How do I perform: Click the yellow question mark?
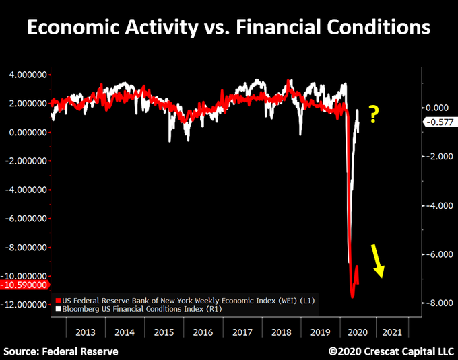pyautogui.click(x=373, y=115)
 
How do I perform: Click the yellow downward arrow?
pyautogui.click(x=377, y=262)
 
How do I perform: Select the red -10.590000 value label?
pyautogui.click(x=24, y=285)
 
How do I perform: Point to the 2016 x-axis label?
pyautogui.click(x=202, y=332)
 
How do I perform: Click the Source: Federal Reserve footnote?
pyautogui.click(x=61, y=351)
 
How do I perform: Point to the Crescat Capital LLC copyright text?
pyautogui.click(x=391, y=351)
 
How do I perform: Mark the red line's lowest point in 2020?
pyautogui.click(x=352, y=297)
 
